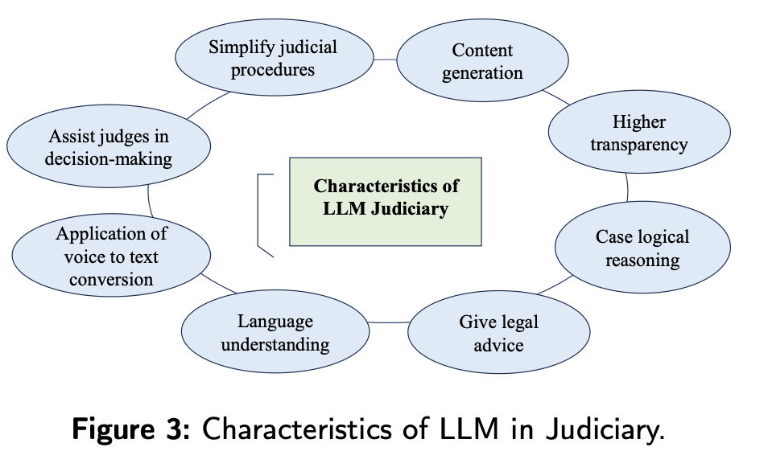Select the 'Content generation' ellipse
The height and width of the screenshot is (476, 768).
pyautogui.click(x=482, y=62)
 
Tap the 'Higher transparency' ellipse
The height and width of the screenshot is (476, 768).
pyautogui.click(x=638, y=133)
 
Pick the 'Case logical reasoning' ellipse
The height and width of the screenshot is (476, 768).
pyautogui.click(x=642, y=248)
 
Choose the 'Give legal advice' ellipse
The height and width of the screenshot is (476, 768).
pyautogui.click(x=498, y=333)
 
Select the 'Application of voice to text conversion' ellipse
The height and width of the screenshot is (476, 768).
pyautogui.click(x=111, y=256)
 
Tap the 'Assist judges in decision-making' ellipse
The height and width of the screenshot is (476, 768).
pyautogui.click(x=109, y=148)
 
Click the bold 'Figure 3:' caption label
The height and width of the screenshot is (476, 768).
pyautogui.click(x=130, y=429)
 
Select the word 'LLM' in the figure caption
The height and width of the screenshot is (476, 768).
pyautogui.click(x=456, y=429)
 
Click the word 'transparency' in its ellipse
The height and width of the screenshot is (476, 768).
pyautogui.click(x=638, y=145)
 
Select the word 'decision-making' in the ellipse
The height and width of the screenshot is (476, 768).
pyautogui.click(x=109, y=158)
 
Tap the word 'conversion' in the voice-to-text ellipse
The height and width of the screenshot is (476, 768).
pyautogui.click(x=111, y=279)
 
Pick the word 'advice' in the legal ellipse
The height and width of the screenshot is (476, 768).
pyautogui.click(x=498, y=345)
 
